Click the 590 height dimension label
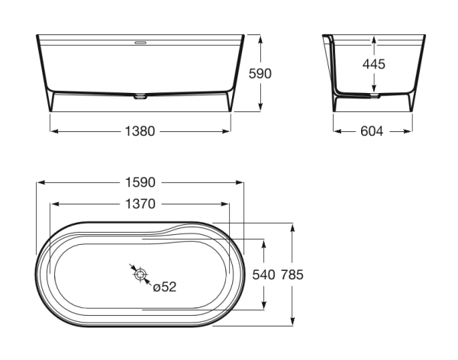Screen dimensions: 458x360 click(260, 73)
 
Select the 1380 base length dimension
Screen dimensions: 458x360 click(140, 131)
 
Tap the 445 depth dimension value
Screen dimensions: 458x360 click(374, 64)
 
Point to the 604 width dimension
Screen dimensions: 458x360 click(372, 131)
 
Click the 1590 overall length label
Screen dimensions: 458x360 click(140, 182)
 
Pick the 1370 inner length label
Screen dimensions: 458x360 click(140, 204)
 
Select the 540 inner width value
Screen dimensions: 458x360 click(263, 275)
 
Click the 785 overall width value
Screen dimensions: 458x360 click(292, 275)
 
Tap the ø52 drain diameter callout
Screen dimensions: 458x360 click(165, 287)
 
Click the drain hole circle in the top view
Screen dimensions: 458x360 click(140, 275)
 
